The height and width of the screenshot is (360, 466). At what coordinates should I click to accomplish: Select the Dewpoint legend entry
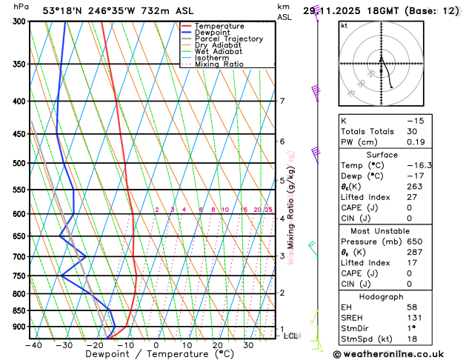coord(212,33)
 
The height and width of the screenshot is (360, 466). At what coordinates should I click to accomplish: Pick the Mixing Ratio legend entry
coord(219,64)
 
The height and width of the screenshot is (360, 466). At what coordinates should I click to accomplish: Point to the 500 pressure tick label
coord(19,163)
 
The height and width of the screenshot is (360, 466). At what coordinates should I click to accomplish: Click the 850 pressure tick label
coord(19,310)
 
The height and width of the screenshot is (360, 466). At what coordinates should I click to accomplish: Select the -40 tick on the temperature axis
coord(33,345)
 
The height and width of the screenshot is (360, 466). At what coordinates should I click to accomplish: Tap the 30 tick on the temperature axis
coord(248,345)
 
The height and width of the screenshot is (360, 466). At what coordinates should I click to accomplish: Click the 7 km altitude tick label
coord(282,101)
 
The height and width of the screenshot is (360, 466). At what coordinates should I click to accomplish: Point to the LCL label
coord(291,336)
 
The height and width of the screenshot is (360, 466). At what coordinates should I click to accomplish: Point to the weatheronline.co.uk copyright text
coord(399,353)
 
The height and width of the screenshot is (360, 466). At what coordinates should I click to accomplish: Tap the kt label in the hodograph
coord(344,26)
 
